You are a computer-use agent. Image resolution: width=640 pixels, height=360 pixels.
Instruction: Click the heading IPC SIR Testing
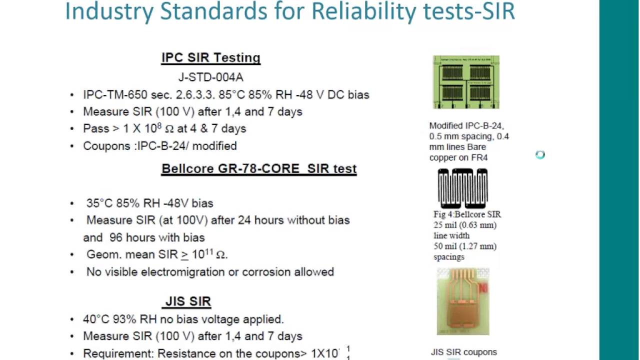point(210,58)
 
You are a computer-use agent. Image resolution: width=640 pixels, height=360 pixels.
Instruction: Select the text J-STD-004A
point(210,77)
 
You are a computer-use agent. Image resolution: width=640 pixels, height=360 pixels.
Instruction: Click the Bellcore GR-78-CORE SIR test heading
point(258,169)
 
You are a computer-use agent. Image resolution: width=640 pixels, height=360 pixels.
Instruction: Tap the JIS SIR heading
point(188,301)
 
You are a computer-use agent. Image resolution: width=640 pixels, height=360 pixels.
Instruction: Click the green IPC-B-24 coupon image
point(466,82)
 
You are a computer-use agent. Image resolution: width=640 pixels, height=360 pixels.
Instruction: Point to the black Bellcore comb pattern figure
point(462,188)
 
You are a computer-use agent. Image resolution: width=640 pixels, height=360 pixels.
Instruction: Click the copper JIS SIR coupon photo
point(463,301)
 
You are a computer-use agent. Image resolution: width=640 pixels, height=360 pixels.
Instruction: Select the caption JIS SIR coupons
point(463,352)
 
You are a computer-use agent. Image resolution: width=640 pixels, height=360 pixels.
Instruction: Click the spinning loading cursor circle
point(540,155)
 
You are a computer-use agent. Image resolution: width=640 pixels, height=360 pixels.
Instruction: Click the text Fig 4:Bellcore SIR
point(467,214)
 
